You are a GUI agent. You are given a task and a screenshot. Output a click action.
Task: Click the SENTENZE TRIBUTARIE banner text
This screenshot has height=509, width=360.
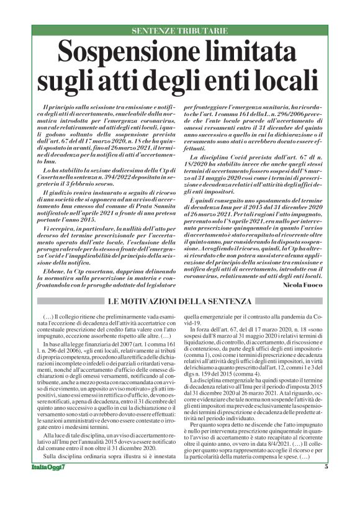tap(179, 30)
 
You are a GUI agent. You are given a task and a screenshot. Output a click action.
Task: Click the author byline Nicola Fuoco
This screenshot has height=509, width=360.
tap(303, 285)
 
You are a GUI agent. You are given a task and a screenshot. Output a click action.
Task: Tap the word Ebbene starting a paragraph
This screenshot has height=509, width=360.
tap(53, 254)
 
